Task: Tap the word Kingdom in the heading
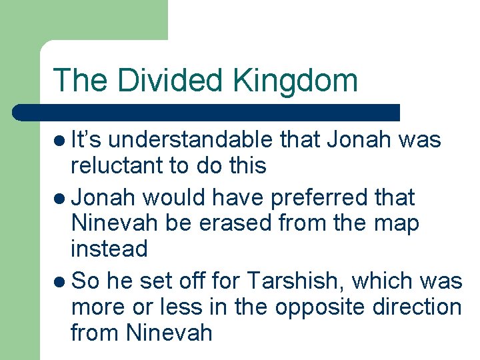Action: (295, 81)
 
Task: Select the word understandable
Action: (190, 141)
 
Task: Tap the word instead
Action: (109, 249)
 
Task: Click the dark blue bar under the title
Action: (207, 112)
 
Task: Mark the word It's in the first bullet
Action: (85, 141)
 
